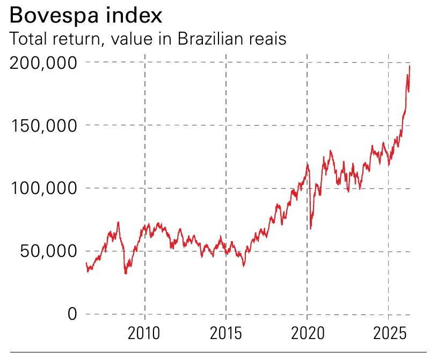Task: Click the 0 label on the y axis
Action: tap(72, 314)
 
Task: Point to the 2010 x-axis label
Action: tap(144, 333)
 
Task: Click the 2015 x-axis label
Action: tap(225, 333)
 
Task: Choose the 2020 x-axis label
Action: tap(307, 333)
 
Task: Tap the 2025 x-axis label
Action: tap(388, 333)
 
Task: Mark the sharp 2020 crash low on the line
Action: tap(310, 229)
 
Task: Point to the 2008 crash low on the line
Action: tap(126, 273)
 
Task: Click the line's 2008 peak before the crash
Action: tap(118, 222)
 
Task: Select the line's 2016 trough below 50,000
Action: tap(244, 265)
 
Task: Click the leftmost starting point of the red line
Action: tap(86, 263)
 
